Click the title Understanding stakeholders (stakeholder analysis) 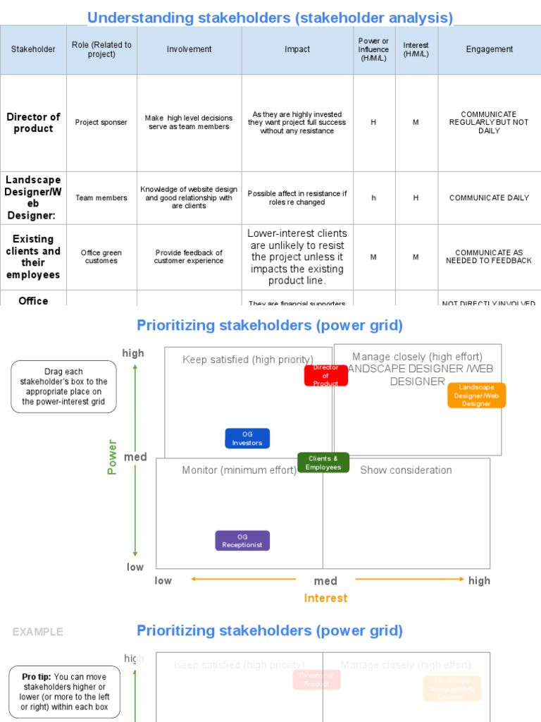point(270,18)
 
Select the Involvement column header point(189,49)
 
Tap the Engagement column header point(489,49)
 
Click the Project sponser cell point(101,123)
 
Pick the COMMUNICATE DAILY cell point(489,198)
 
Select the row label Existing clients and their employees point(33,257)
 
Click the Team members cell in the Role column point(101,198)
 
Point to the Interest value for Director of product point(416,123)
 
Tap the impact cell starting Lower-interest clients point(297,257)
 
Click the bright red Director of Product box point(325,376)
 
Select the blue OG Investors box point(247,439)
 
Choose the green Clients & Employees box point(323,463)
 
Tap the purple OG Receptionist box point(242,541)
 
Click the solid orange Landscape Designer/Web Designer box point(476,396)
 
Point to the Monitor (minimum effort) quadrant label point(239,470)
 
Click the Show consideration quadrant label point(406,470)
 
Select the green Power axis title point(112,457)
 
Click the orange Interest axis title point(325,598)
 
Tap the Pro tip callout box point(65,692)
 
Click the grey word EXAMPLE point(37,632)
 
